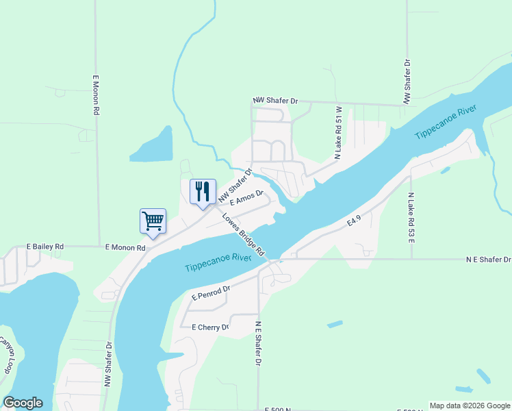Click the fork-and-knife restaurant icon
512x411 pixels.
(x=203, y=191)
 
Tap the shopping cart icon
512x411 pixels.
(x=153, y=221)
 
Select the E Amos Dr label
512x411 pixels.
(x=246, y=198)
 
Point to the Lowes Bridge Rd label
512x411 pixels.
(x=244, y=234)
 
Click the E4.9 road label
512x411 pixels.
(x=353, y=221)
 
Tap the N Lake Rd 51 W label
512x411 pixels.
(x=338, y=133)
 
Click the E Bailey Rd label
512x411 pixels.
(x=45, y=246)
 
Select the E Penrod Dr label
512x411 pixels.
(x=211, y=293)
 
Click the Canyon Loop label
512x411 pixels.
(x=7, y=354)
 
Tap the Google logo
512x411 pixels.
(x=23, y=403)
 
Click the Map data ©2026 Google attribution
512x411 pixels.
(x=470, y=406)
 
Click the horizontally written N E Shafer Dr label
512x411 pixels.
(x=488, y=260)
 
